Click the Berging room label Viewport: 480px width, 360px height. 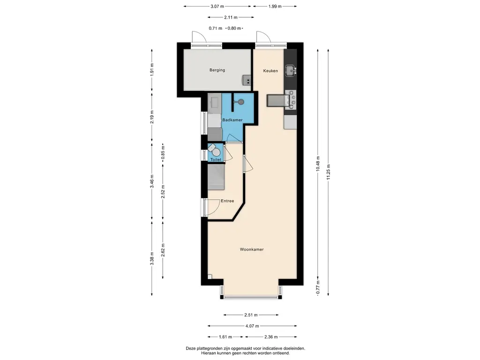click(x=217, y=70)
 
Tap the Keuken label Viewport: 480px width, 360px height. click(x=270, y=71)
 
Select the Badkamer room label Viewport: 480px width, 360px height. click(x=232, y=120)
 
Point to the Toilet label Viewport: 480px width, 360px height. click(x=216, y=159)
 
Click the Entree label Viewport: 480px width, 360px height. click(x=227, y=201)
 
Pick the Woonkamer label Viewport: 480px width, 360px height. click(x=252, y=249)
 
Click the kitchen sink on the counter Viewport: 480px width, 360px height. click(x=290, y=71)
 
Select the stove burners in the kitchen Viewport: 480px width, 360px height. click(x=291, y=99)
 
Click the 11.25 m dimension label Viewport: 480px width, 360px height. click(x=328, y=172)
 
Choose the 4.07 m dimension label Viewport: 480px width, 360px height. click(x=252, y=326)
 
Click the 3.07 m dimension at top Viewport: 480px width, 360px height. click(x=217, y=6)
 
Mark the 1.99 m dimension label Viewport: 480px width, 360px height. click(x=275, y=6)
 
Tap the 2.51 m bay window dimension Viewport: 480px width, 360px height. click(x=251, y=315)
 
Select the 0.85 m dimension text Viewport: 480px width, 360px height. click(x=163, y=154)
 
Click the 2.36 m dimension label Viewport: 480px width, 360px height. click(x=271, y=337)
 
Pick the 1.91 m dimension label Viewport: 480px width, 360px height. click(x=152, y=69)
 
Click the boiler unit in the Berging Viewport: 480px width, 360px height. click(x=247, y=80)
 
